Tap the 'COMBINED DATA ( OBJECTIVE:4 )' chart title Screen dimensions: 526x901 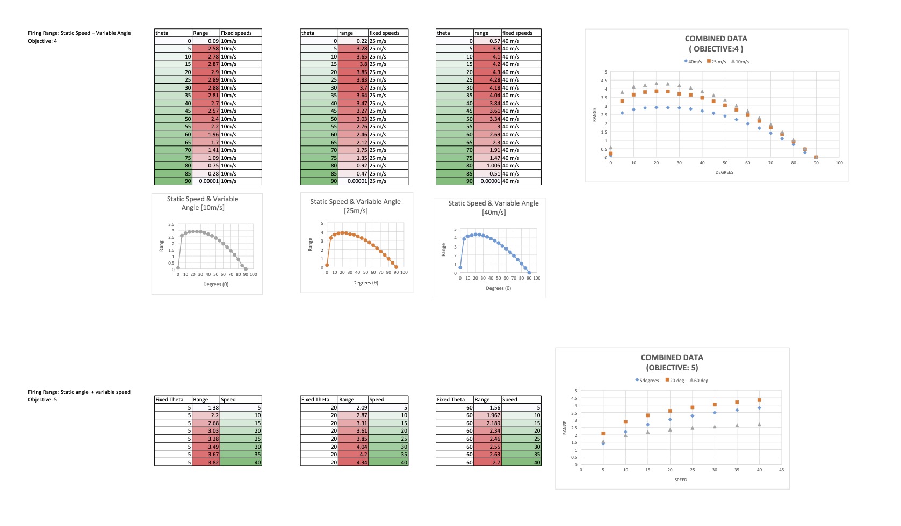tap(716, 43)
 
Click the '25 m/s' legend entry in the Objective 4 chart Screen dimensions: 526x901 tap(716, 62)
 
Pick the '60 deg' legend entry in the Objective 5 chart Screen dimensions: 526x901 tap(699, 381)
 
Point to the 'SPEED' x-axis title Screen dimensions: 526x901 tap(680, 480)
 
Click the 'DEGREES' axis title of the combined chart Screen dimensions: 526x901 tap(724, 172)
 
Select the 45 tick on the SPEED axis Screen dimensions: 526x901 tap(781, 470)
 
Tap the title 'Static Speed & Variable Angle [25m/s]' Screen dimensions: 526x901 tap(355, 206)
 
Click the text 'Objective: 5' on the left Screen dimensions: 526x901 tap(42, 400)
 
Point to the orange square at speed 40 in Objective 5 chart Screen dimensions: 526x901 tap(759, 400)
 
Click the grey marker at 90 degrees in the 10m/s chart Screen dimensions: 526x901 tap(246, 268)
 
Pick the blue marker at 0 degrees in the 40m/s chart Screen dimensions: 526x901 tap(460, 267)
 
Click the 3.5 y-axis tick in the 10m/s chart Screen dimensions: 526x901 tap(171, 224)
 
